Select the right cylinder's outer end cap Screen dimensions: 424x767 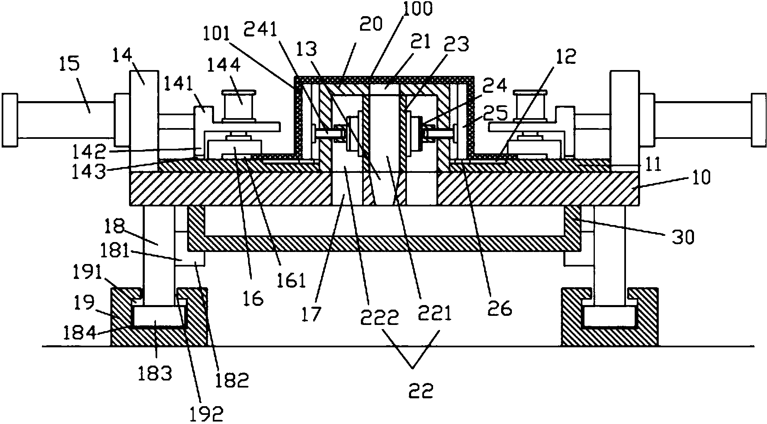758,120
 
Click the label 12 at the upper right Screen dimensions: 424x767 568,57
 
